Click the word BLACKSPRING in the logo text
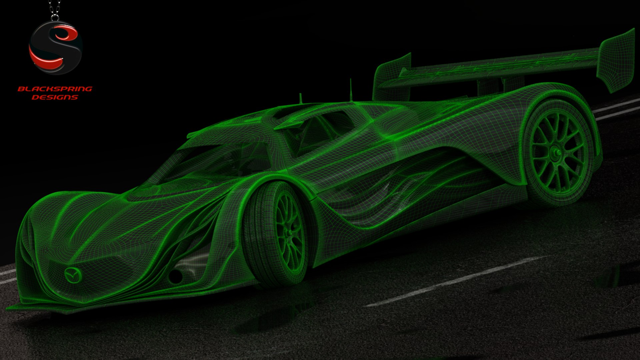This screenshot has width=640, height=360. click(55, 89)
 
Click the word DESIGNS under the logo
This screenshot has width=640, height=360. click(55, 97)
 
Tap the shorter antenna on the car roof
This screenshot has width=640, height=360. click(300, 98)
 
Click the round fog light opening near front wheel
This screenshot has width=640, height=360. click(175, 275)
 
